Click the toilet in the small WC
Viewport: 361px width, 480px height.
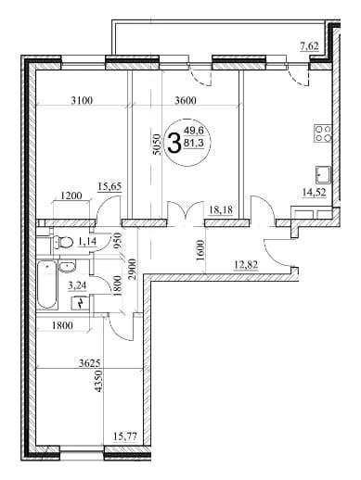click(62, 242)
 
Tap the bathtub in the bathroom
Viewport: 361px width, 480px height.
click(46, 284)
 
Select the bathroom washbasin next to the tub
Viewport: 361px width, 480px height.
click(67, 267)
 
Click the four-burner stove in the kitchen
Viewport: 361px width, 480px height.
click(323, 133)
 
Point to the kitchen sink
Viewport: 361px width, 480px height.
click(323, 174)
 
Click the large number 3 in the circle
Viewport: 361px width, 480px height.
click(174, 143)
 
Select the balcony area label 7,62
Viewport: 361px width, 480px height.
click(309, 46)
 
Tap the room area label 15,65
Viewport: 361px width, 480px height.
click(110, 186)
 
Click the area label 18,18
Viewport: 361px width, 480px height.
click(221, 210)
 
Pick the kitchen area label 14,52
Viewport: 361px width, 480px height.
click(315, 193)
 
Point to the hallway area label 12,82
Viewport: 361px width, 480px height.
click(247, 265)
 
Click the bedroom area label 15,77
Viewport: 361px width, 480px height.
click(125, 436)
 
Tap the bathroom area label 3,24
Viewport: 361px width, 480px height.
click(78, 285)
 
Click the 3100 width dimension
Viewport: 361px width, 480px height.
click(82, 100)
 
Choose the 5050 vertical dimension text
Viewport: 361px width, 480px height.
click(157, 145)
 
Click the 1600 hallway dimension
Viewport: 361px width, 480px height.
click(200, 251)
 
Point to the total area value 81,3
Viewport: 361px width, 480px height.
click(194, 144)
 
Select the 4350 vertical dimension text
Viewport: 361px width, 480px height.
click(98, 382)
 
